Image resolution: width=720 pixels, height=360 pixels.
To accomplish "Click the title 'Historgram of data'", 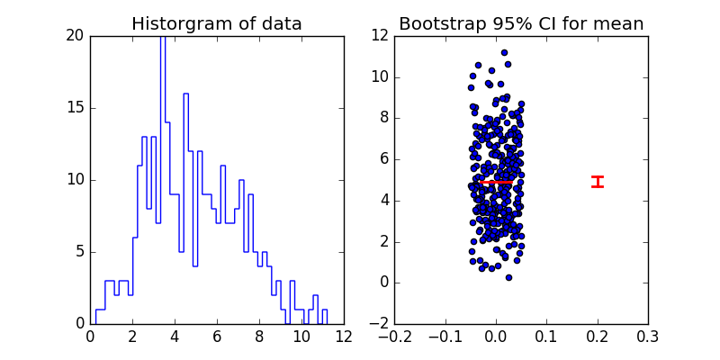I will tap(217, 24).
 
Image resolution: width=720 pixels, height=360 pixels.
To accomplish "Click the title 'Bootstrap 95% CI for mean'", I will tap(521, 24).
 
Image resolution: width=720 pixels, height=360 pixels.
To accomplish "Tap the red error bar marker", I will tap(598, 182).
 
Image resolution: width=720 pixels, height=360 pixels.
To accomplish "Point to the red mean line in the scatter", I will tap(496, 182).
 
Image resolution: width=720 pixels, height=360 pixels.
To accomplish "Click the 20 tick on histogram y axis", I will tap(75, 36).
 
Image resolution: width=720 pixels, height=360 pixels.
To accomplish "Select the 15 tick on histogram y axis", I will tap(75, 108).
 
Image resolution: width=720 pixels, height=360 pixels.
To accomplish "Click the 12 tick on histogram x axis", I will tap(343, 337).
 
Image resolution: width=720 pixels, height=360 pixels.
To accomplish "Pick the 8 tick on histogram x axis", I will tap(259, 337).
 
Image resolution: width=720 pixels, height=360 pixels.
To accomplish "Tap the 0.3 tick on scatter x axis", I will tap(648, 337).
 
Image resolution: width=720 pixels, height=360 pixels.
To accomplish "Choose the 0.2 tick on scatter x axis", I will tap(598, 337).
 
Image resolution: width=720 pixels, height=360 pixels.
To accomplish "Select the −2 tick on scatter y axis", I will tap(381, 324).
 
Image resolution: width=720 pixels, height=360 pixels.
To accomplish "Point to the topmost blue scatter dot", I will tap(504, 53).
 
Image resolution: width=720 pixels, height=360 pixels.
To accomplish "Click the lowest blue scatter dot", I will tap(508, 277).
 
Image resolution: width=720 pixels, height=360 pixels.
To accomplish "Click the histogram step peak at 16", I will tap(185, 94).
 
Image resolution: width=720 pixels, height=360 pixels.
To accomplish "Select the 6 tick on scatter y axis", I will tap(384, 159).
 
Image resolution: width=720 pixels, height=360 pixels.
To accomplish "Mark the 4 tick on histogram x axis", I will tap(175, 337).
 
